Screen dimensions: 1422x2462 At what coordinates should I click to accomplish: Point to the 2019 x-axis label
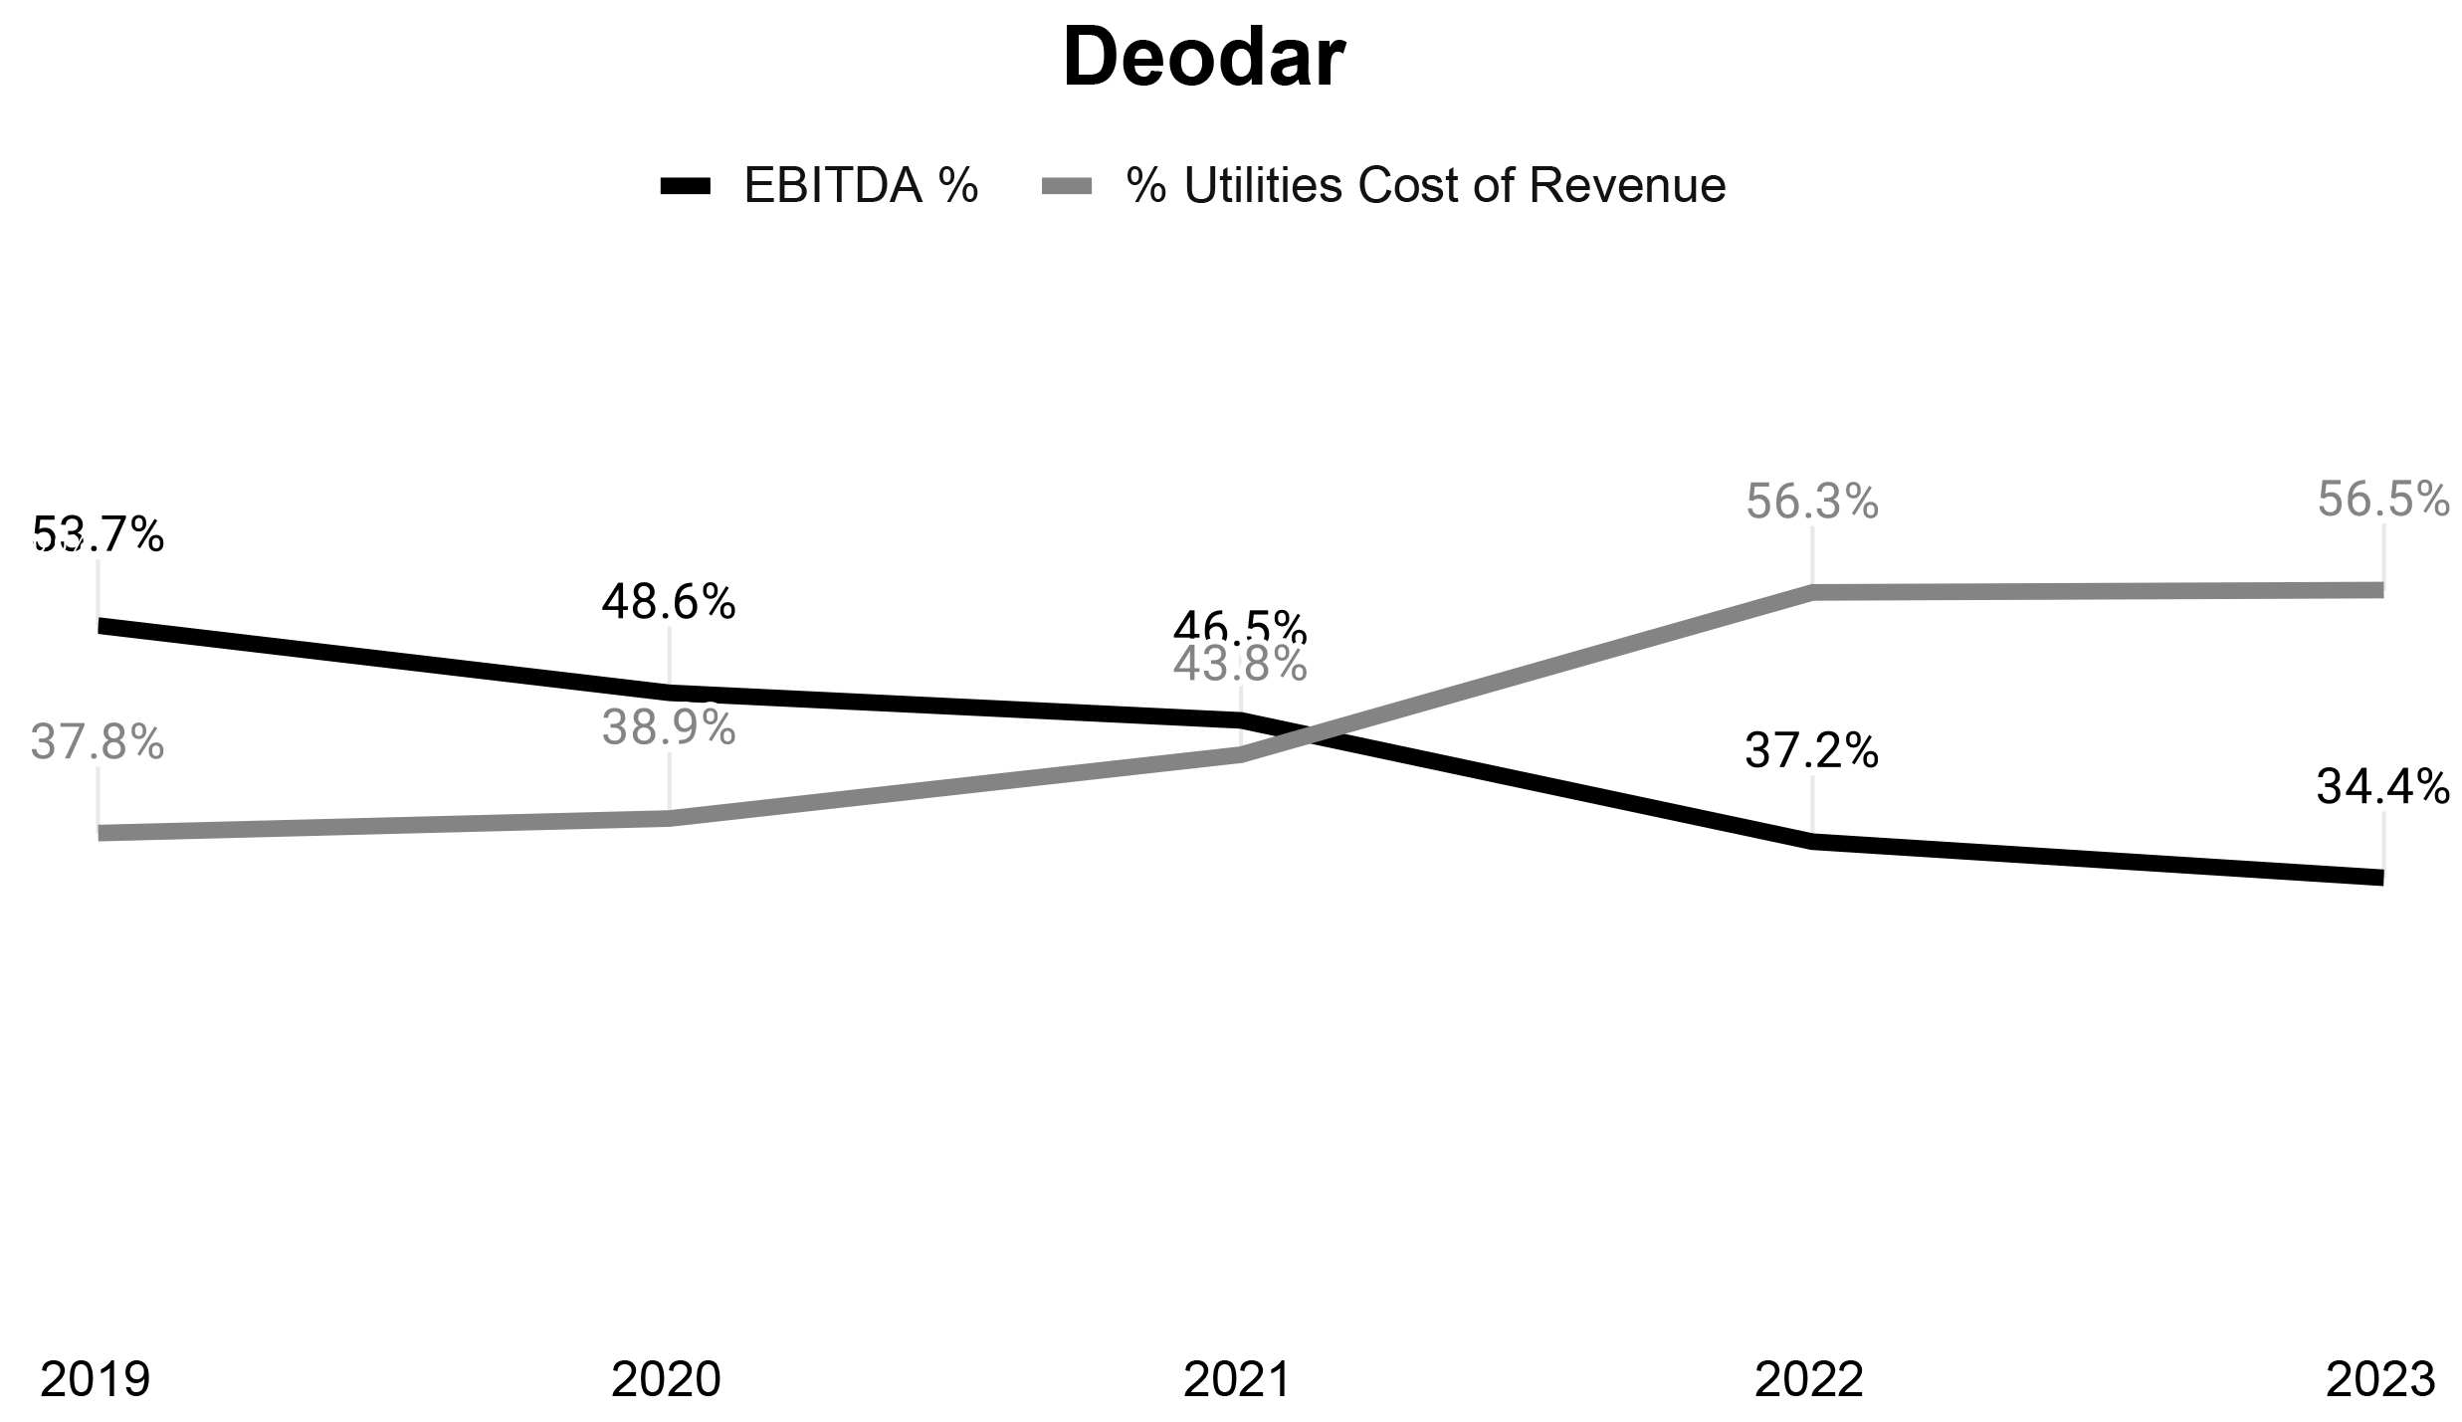pos(95,1379)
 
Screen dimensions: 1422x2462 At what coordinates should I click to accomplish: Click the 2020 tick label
pos(666,1379)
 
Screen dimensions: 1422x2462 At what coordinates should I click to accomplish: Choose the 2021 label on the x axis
pos(1237,1379)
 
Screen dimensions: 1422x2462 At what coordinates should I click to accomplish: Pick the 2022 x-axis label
pos(1808,1379)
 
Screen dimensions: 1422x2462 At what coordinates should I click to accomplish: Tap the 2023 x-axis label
pos(2379,1379)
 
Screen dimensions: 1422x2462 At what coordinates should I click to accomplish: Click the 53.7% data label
pos(99,535)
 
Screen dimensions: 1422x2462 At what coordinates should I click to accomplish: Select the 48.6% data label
pos(669,601)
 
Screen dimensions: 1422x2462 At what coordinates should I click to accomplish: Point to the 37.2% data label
pos(1811,750)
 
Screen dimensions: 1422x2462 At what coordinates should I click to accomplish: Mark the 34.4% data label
pos(2382,787)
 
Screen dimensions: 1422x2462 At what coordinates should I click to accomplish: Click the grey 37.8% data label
pos(98,742)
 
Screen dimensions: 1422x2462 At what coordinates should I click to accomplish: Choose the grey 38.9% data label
pos(669,728)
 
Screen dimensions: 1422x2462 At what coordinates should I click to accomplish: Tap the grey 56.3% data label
pos(1812,503)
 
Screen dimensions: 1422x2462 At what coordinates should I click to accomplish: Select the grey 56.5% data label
pos(2382,500)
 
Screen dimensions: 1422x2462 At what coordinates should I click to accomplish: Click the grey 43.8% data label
pos(1240,665)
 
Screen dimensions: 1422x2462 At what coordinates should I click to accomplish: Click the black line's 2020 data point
pos(669,693)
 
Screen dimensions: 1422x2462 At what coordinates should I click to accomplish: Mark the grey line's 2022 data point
pos(1812,593)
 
